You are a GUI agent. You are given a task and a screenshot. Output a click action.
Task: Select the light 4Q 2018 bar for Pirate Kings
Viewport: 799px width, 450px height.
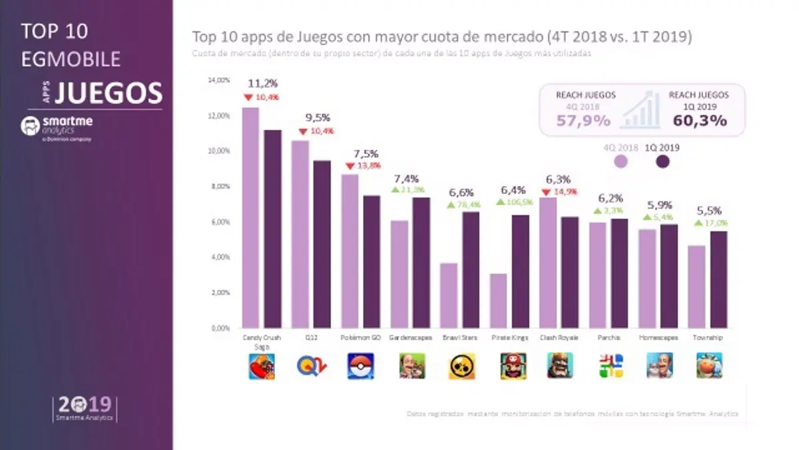click(499, 301)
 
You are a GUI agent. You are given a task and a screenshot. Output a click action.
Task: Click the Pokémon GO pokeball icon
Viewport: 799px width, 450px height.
click(360, 366)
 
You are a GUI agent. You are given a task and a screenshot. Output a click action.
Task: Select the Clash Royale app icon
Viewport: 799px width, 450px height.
click(559, 366)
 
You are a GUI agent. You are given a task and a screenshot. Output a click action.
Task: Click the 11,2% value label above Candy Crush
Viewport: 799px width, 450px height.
click(262, 83)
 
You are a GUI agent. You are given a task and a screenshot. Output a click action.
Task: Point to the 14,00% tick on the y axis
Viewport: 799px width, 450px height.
click(219, 81)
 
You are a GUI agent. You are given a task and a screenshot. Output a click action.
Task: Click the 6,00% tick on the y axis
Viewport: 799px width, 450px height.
click(220, 222)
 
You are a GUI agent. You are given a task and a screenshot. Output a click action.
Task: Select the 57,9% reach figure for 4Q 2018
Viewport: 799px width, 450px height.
click(583, 121)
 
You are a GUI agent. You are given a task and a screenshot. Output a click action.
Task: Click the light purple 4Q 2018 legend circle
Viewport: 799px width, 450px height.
click(621, 161)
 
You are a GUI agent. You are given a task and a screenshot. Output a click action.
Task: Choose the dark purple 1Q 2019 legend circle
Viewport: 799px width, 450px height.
click(663, 161)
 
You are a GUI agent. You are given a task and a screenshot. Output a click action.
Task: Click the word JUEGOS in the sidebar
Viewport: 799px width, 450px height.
click(108, 93)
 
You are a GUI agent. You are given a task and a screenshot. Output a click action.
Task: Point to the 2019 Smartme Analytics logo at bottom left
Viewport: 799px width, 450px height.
click(86, 409)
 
